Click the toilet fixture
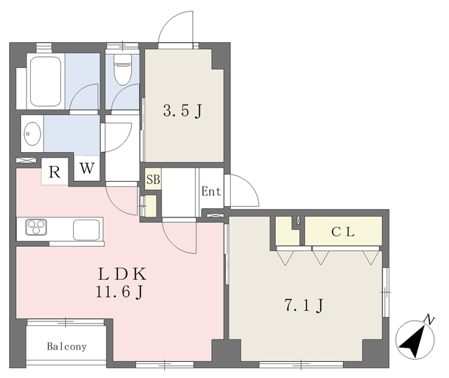123,69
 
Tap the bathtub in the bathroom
46,81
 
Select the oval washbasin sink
32,133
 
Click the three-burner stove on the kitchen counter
36,227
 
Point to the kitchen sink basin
86,230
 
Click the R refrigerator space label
55,173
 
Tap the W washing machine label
87,168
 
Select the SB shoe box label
153,180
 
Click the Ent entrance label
211,191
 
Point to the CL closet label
343,231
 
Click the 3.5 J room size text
182,111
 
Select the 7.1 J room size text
304,306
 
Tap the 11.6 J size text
119,292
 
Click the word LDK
122,274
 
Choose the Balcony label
67,347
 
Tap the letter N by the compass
429,320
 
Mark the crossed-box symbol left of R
26,160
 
